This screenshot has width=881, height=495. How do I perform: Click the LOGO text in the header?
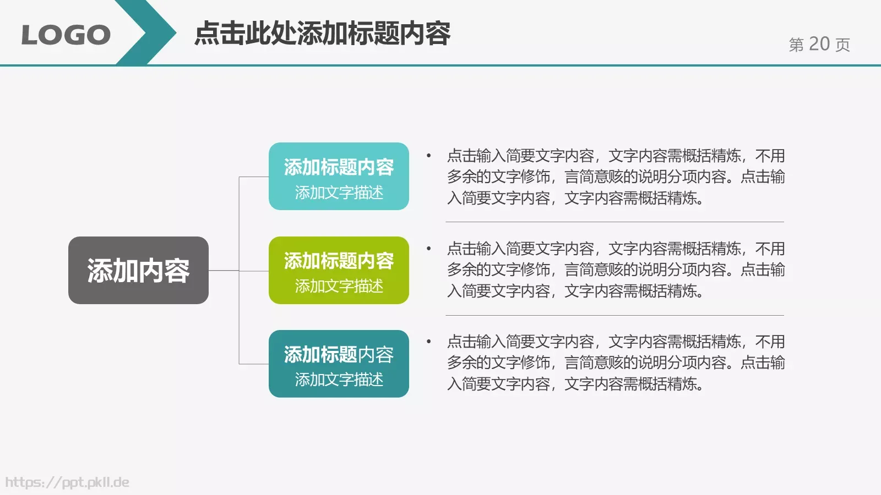click(66, 35)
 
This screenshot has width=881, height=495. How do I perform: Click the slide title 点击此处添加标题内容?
click(323, 34)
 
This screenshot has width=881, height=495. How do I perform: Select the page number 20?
click(819, 44)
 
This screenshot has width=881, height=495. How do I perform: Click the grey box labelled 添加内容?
click(138, 271)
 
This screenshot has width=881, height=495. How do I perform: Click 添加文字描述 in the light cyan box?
click(339, 193)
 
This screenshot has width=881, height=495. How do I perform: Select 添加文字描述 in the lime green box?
click(339, 286)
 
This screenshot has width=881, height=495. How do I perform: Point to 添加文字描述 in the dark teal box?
click(339, 380)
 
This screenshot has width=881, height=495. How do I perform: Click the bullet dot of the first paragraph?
click(428, 156)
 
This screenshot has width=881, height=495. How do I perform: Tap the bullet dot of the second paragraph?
click(428, 249)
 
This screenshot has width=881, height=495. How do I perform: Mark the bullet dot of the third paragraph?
click(428, 342)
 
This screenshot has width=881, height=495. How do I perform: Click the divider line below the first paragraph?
click(614, 222)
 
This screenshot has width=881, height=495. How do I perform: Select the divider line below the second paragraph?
click(614, 316)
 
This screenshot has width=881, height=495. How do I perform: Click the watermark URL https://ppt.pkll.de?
click(67, 482)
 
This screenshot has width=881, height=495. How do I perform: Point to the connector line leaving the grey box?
click(224, 271)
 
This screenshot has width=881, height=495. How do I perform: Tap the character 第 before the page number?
click(796, 45)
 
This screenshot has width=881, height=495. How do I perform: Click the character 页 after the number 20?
click(842, 45)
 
